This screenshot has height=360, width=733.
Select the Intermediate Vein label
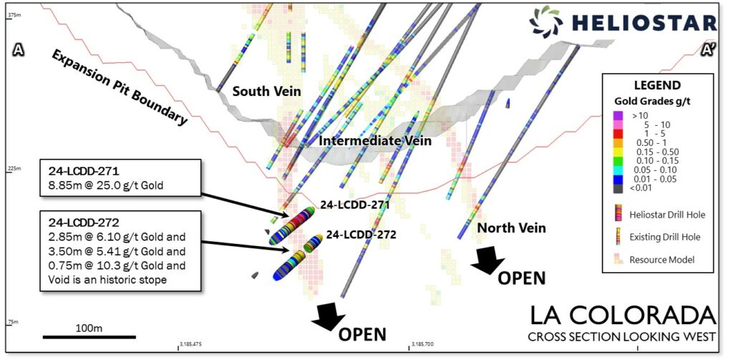[375, 141]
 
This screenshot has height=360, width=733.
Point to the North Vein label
[511, 228]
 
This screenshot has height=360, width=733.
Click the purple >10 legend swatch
[618, 115]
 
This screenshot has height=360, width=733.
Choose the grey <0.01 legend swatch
[618, 189]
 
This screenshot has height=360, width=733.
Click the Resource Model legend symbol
[618, 260]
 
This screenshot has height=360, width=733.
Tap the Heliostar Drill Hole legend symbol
[618, 213]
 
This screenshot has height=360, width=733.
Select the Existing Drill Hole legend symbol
[618, 237]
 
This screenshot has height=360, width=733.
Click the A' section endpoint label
[709, 50]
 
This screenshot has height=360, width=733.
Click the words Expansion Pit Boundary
[117, 87]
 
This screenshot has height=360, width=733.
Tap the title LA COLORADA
[622, 315]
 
